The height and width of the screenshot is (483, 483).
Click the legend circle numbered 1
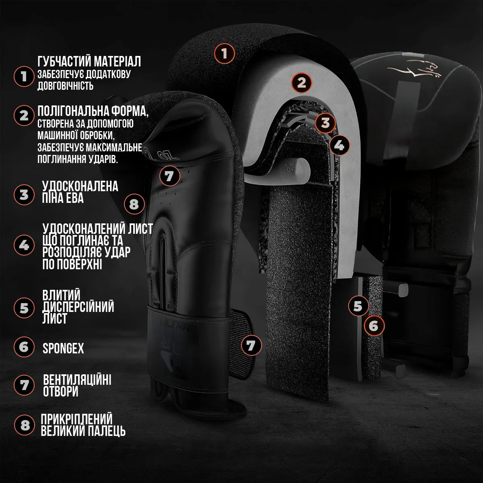pos(24,76)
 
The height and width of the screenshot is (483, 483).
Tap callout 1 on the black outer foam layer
pos(224,54)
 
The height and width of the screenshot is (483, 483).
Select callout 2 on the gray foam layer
pos(301,83)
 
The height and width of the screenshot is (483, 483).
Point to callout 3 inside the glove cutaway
pos(325,123)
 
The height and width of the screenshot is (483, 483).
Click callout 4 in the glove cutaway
pos(339,145)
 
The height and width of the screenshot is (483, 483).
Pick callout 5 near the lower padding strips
pos(358,306)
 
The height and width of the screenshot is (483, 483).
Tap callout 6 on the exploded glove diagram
pos(374,326)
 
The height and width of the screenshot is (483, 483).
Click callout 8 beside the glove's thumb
pos(134,204)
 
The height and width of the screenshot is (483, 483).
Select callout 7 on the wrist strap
pos(251,345)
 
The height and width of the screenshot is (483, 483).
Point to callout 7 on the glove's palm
pos(170,176)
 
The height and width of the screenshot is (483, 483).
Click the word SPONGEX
pos(63,348)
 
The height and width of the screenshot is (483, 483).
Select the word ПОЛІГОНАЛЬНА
pos(73,111)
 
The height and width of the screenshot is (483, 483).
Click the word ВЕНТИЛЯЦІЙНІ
pos(77,380)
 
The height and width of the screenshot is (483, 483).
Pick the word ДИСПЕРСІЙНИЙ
pos(78,307)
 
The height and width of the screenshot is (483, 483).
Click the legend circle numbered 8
pos(24,425)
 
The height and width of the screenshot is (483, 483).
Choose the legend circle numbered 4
pos(24,245)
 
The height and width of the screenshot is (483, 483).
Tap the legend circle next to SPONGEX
pos(24,347)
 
